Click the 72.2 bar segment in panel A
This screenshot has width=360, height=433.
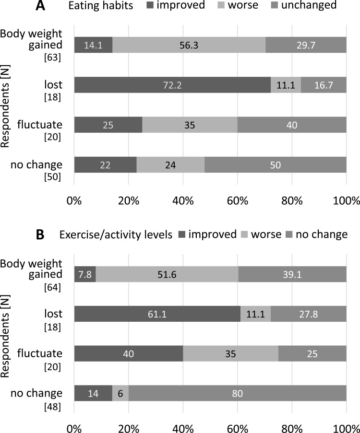(x=172, y=85)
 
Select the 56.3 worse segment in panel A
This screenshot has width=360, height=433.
(x=189, y=45)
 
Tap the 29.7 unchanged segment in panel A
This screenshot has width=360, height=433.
(x=306, y=45)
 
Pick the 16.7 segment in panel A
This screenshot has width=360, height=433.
(x=324, y=85)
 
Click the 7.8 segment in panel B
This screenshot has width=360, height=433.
(x=85, y=274)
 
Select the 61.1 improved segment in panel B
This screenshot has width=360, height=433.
(x=157, y=314)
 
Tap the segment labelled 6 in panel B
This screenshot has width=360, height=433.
(x=120, y=393)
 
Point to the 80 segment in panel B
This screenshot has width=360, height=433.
(x=238, y=393)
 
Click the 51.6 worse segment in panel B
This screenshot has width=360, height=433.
(x=167, y=274)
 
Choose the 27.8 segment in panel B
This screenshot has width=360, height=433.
(x=309, y=314)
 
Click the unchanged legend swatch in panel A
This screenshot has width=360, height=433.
(x=275, y=5)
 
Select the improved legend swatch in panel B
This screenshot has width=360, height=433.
(x=181, y=234)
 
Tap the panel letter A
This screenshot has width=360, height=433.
(x=40, y=5)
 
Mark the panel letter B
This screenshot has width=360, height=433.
(x=40, y=235)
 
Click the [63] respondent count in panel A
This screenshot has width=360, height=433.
(x=52, y=58)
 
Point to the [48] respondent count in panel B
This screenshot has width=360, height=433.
(x=52, y=407)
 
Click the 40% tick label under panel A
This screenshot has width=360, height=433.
(x=183, y=201)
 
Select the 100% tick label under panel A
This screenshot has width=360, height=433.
(x=347, y=201)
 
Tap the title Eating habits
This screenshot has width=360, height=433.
(x=101, y=6)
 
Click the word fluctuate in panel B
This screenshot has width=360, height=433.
(x=40, y=353)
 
